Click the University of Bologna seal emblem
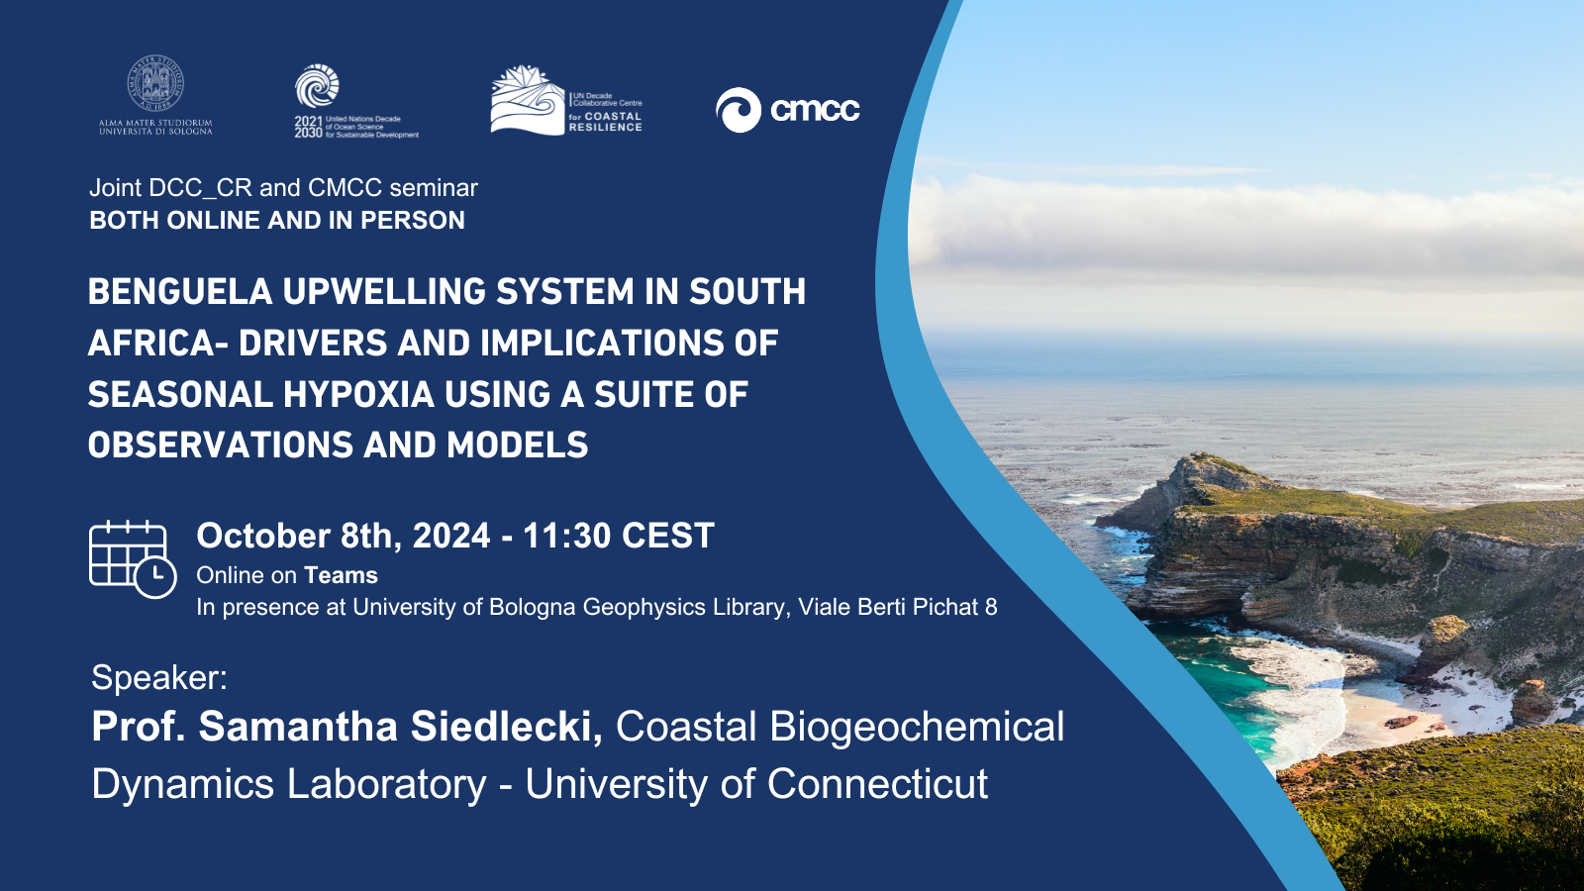(x=155, y=83)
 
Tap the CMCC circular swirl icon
(x=739, y=110)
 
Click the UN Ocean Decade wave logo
(x=317, y=86)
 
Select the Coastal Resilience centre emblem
(x=528, y=100)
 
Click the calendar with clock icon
(x=133, y=559)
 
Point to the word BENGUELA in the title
(x=180, y=291)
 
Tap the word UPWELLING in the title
(x=384, y=291)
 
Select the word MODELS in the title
(x=517, y=445)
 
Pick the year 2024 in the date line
(x=451, y=536)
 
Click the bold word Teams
(x=341, y=575)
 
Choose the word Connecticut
(x=877, y=783)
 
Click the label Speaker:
(x=159, y=677)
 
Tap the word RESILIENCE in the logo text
(x=605, y=128)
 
